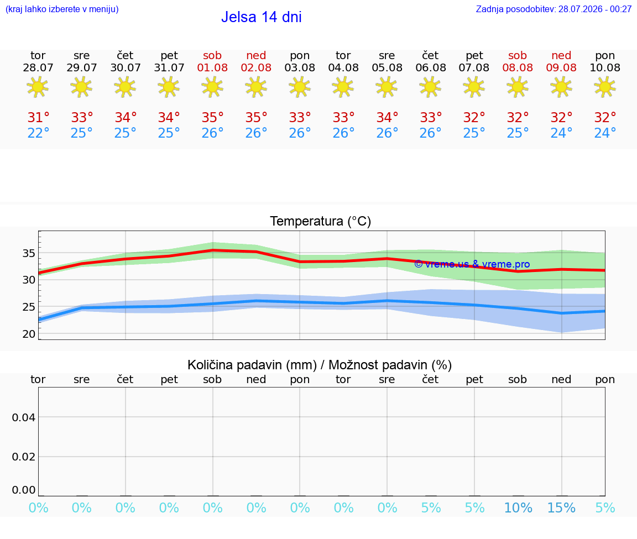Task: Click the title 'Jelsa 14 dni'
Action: point(261,17)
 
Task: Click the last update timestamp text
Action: point(554,9)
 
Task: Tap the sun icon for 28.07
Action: point(38,87)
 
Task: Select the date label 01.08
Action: point(212,67)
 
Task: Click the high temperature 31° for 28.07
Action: point(38,117)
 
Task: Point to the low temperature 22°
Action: point(38,133)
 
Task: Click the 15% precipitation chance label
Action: point(561,507)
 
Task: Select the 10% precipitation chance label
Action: point(518,507)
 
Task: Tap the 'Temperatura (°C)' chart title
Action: point(321,221)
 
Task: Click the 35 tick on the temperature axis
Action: point(29,253)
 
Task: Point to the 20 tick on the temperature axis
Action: point(29,334)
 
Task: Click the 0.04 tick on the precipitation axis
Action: point(24,417)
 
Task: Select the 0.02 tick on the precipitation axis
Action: point(24,457)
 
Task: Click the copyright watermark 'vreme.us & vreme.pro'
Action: point(472,264)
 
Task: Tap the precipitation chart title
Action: point(320,365)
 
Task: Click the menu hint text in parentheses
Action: point(62,9)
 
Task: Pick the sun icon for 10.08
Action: point(605,87)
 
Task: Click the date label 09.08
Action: point(561,67)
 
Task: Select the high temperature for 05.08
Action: point(387,117)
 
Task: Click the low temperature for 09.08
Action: point(561,133)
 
